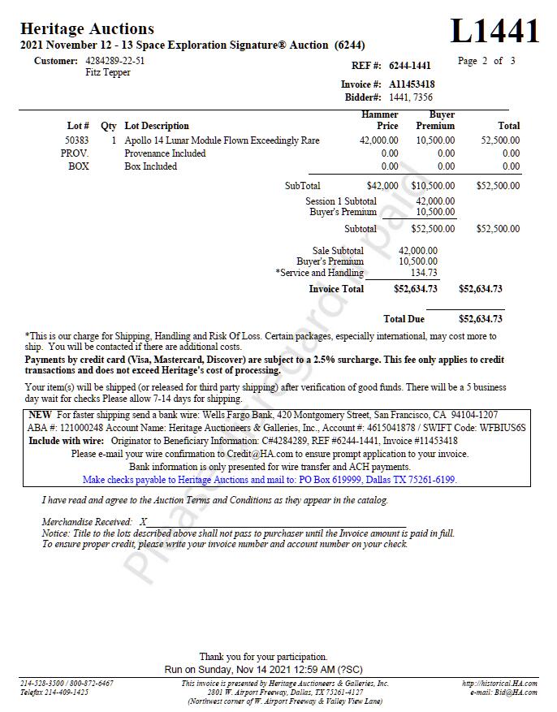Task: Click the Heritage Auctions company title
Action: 87,29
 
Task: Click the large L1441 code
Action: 494,31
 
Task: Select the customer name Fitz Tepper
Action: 108,72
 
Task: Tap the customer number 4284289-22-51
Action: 115,61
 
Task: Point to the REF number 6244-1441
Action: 410,66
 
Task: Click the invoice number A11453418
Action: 412,84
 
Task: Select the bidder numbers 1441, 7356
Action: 411,97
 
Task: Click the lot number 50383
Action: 77,140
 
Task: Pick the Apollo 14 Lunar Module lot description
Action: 222,140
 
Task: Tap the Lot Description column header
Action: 157,126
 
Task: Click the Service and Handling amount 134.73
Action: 424,273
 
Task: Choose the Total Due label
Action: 404,319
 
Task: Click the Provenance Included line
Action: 165,153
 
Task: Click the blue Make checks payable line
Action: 270,480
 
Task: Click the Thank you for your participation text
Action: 263,657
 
